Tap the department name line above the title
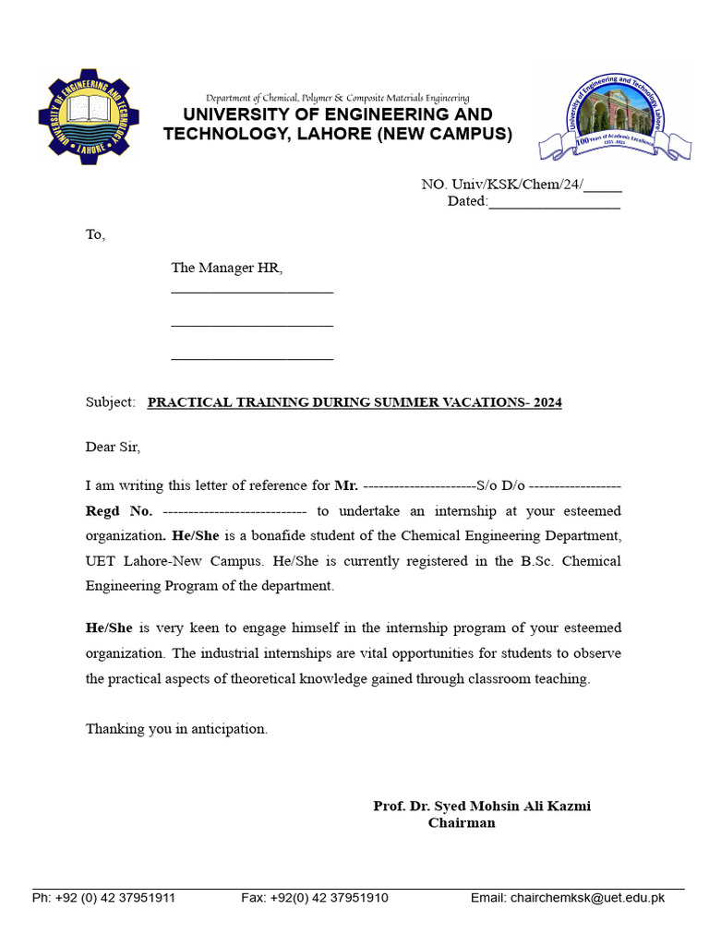pos(337,98)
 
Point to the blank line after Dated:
pos(554,202)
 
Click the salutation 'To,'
pos(96,234)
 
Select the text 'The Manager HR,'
pos(226,269)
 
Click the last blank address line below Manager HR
pos(252,357)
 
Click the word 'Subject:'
pos(111,402)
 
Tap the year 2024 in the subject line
pos(547,402)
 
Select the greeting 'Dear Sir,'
pos(113,447)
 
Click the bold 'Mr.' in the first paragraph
pos(346,485)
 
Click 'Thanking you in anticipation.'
pos(176,729)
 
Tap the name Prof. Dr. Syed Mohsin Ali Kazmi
pos(482,806)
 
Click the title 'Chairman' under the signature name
pos(462,823)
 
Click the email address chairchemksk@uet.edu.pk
pos(587,897)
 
